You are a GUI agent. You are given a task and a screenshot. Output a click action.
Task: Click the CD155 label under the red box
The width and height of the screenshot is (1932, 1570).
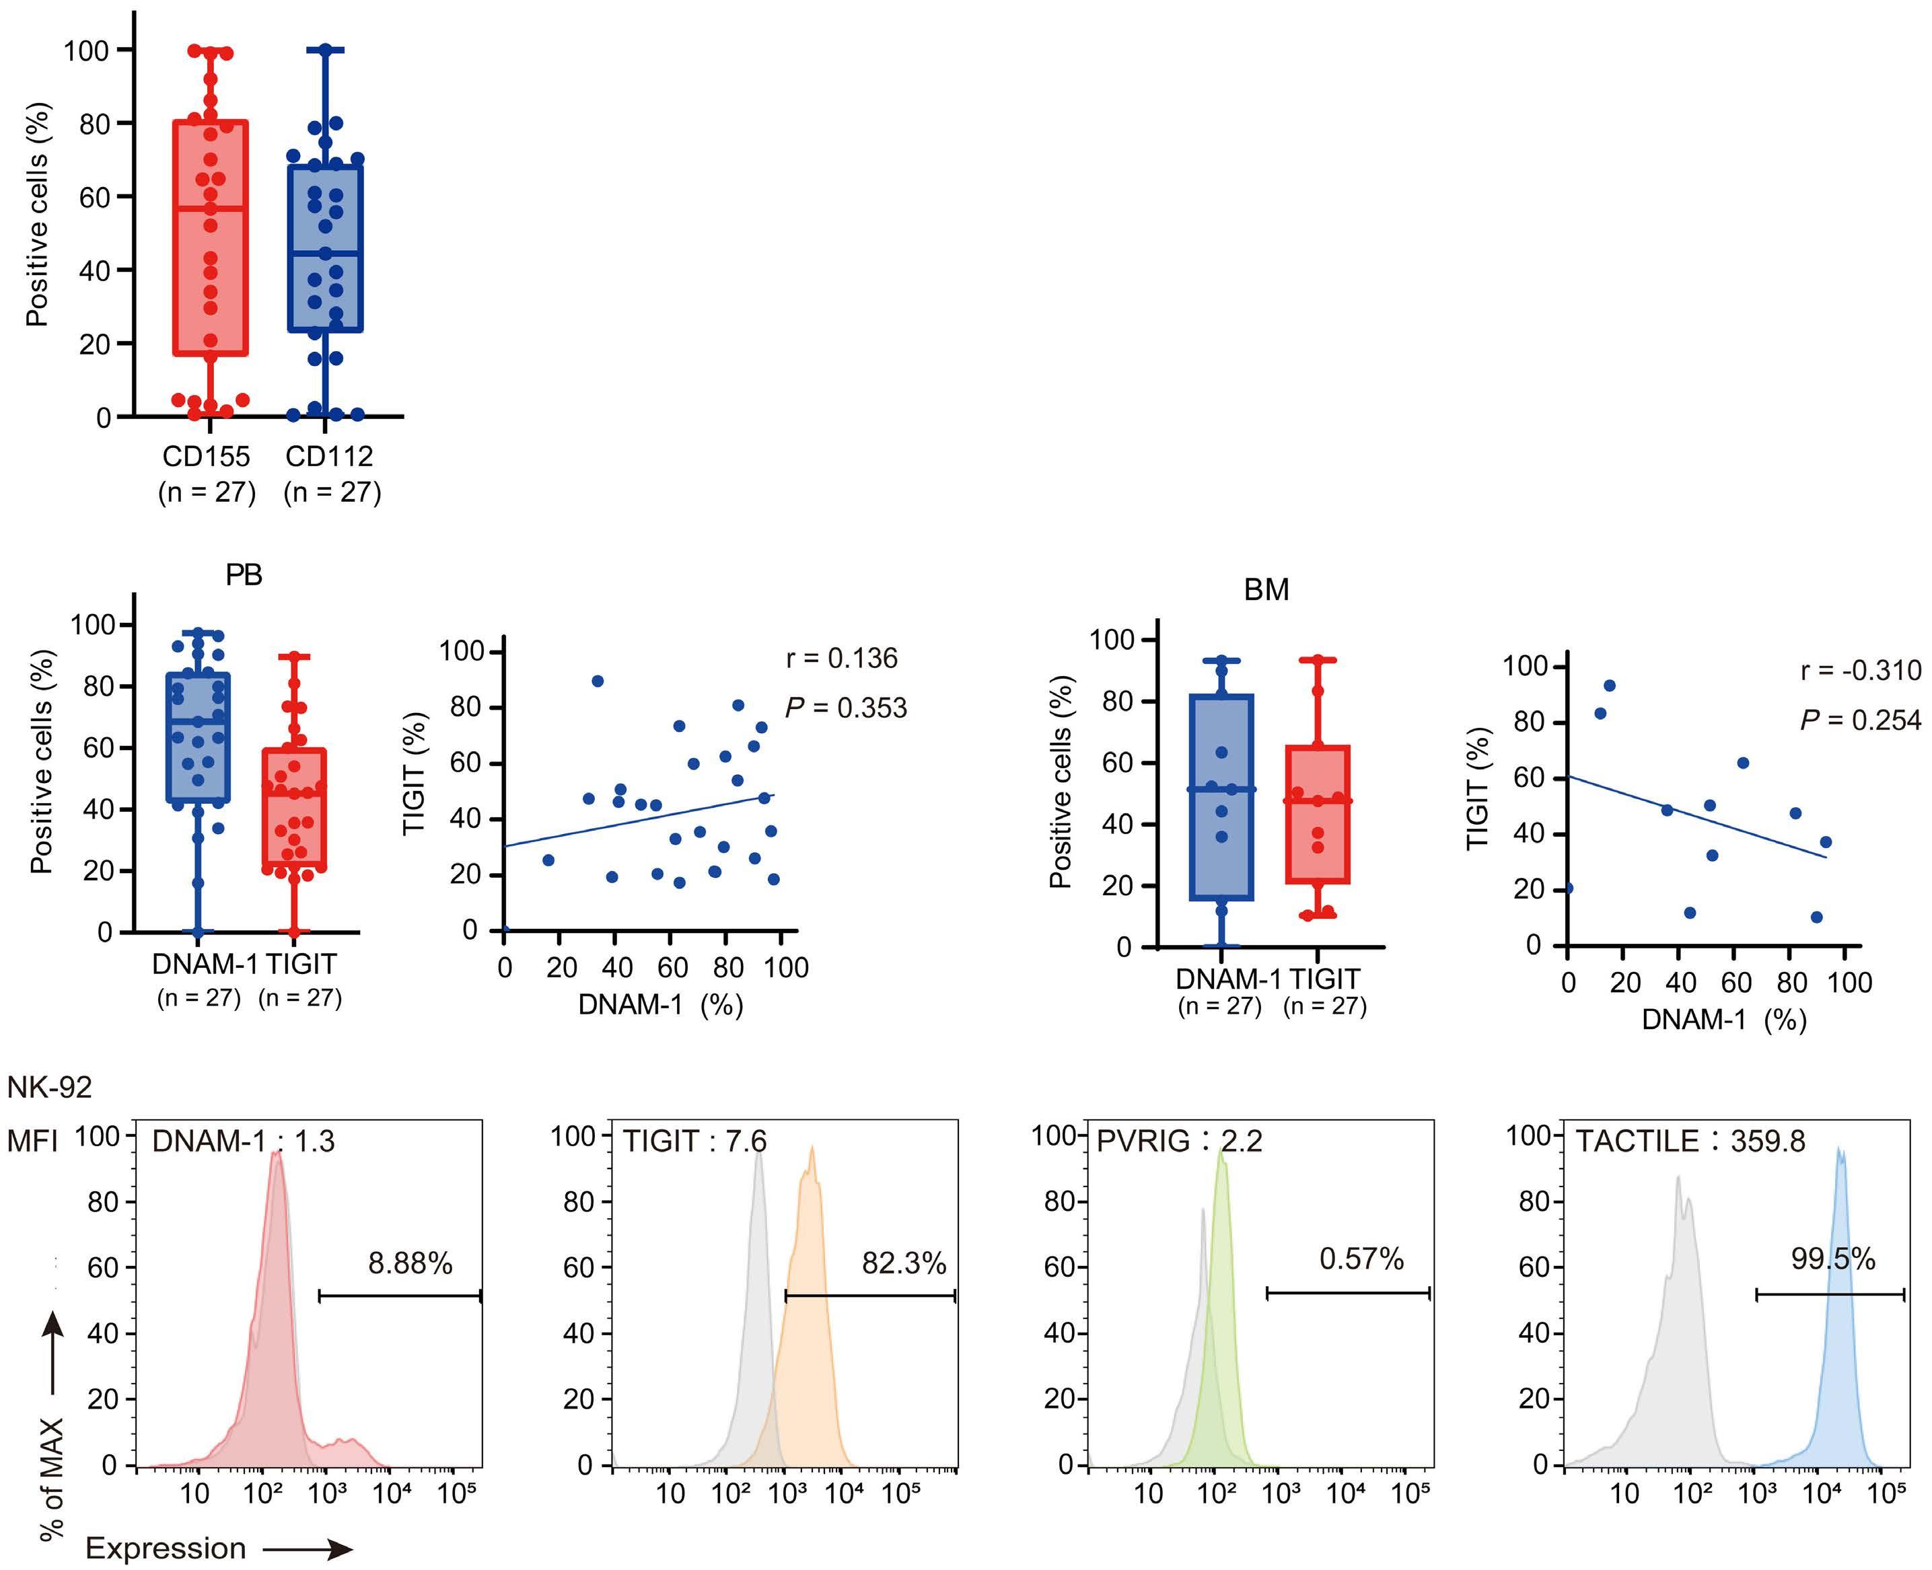click(206, 456)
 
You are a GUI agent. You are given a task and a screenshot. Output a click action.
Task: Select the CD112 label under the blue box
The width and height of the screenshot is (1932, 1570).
click(329, 456)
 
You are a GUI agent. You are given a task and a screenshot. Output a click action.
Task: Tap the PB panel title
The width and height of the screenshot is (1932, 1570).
click(244, 575)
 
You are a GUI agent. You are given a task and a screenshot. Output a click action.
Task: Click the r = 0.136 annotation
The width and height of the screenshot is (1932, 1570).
click(841, 659)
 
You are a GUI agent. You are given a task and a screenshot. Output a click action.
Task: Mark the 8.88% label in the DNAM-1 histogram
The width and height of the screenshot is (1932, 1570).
click(410, 1263)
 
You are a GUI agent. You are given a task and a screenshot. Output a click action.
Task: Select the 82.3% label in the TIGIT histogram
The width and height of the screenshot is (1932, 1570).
click(904, 1263)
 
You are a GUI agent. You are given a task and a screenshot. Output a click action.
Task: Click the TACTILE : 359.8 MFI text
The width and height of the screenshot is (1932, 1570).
click(1690, 1142)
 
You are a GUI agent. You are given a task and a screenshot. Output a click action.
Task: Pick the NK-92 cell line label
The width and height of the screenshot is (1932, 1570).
click(50, 1087)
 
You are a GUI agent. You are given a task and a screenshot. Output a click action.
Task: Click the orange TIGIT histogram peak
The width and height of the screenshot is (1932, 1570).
click(812, 1153)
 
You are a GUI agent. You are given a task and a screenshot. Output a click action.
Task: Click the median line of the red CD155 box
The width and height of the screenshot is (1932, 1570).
click(211, 209)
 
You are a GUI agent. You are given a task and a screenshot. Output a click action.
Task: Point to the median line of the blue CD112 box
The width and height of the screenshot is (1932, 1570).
click(326, 253)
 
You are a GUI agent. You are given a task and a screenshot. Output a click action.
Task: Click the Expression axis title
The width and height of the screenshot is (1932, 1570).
click(166, 1548)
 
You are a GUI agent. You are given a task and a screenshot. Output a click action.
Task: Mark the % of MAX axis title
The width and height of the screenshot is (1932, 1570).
click(52, 1479)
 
